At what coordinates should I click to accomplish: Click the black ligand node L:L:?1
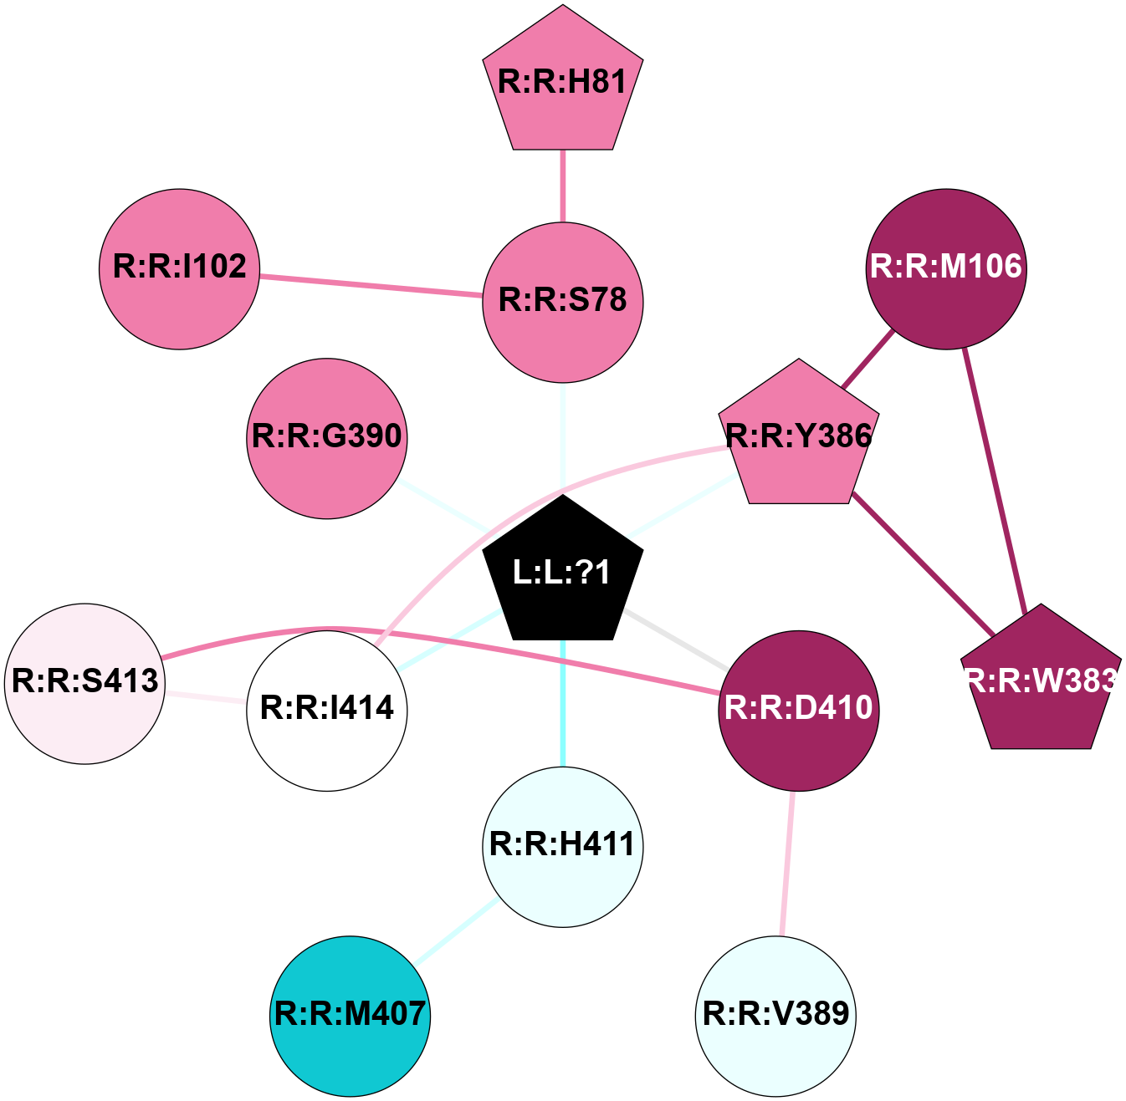tap(563, 573)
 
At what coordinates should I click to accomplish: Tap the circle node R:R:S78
tap(563, 302)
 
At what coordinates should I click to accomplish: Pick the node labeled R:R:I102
tap(180, 268)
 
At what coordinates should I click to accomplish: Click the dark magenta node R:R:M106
tap(946, 268)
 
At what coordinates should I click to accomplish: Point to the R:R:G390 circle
tap(327, 438)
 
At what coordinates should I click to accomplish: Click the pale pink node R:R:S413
tap(85, 683)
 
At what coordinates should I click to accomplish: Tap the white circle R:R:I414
tap(327, 710)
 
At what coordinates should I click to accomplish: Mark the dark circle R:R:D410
tap(799, 710)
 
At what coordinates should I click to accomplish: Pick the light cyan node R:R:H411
tap(563, 846)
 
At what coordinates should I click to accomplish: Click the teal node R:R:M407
tap(351, 1015)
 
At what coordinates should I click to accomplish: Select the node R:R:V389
tap(776, 1015)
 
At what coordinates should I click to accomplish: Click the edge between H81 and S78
tap(563, 186)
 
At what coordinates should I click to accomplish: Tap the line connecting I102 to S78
tap(371, 285)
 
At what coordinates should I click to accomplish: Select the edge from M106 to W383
tap(995, 477)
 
